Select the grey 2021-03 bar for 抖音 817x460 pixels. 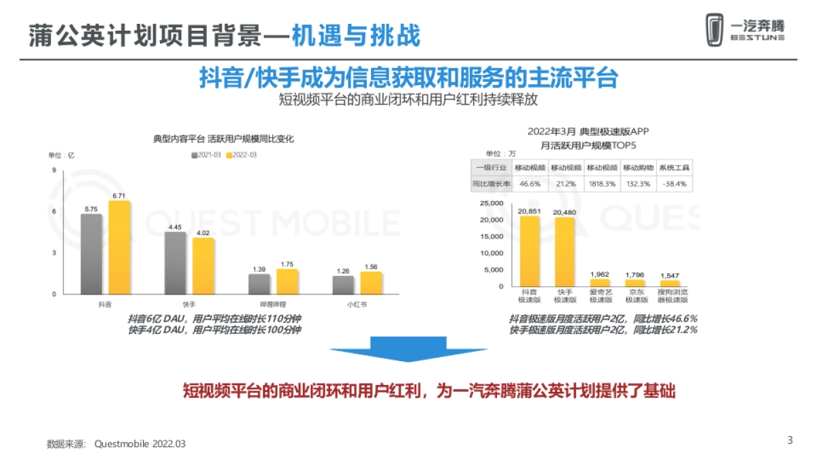point(91,254)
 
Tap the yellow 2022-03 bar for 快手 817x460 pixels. point(203,265)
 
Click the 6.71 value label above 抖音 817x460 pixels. point(120,196)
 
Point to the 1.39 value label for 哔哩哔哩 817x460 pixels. point(259,269)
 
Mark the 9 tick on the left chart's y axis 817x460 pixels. point(54,170)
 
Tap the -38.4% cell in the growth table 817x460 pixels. point(675,183)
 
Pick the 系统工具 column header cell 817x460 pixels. point(675,167)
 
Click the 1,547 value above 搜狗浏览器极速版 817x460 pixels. point(670,275)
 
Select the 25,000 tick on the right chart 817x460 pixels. point(491,203)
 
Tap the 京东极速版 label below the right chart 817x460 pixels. point(635,295)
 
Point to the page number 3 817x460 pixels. point(790,440)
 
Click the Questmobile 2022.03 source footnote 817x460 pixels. point(140,444)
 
